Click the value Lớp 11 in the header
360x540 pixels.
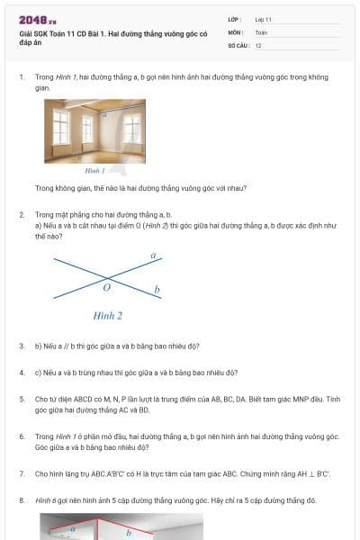click(x=264, y=19)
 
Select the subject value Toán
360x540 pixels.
click(x=261, y=32)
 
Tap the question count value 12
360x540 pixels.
click(x=258, y=45)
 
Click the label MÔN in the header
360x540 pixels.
click(x=235, y=32)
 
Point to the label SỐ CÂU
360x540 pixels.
click(x=238, y=45)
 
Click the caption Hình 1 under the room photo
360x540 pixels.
click(x=95, y=170)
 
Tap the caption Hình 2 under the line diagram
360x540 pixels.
click(x=108, y=316)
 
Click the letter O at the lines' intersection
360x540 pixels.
click(x=106, y=288)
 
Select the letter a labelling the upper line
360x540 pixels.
click(x=153, y=256)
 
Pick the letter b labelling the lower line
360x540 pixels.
click(x=157, y=290)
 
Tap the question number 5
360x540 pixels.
click(x=22, y=397)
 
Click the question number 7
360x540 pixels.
click(x=22, y=472)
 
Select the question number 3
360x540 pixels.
click(x=22, y=346)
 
